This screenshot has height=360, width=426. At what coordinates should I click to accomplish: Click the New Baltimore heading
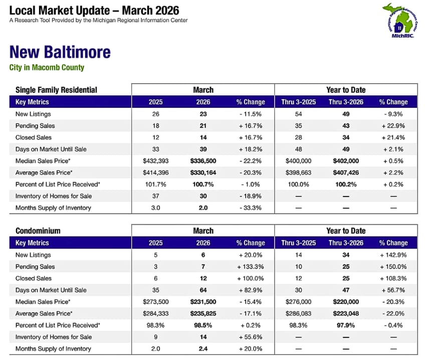click(x=60, y=52)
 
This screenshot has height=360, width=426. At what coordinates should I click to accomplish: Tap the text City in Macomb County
click(x=47, y=68)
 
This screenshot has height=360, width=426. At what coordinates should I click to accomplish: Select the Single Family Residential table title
click(x=56, y=90)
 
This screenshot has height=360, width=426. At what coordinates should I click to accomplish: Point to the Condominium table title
click(x=38, y=231)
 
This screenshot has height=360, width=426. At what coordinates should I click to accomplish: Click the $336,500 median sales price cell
click(x=203, y=161)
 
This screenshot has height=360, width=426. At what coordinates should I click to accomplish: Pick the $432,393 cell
click(x=155, y=161)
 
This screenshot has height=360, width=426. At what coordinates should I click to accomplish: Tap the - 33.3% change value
click(x=250, y=208)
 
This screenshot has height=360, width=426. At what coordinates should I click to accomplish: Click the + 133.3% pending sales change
click(x=250, y=267)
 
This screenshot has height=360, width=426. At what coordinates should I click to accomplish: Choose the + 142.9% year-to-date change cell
click(x=393, y=255)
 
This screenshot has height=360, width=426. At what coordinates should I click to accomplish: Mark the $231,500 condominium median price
click(x=203, y=302)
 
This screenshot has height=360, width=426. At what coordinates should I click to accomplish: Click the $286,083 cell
click(x=298, y=313)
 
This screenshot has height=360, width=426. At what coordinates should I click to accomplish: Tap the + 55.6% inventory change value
click(x=250, y=337)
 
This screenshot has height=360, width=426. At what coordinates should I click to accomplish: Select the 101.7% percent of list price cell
click(x=155, y=184)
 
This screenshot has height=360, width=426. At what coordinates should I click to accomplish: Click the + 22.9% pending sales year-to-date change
click(x=393, y=126)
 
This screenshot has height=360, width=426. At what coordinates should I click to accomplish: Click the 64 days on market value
click(x=203, y=290)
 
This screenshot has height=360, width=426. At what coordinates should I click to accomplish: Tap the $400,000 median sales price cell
click(x=298, y=161)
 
